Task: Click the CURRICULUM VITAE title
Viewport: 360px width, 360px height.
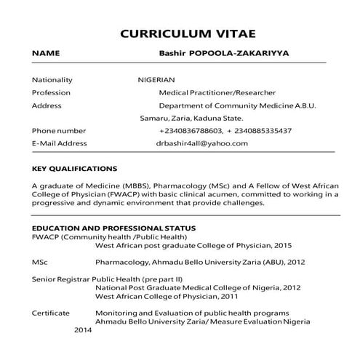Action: [188, 33]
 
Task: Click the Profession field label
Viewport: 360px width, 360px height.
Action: [51, 92]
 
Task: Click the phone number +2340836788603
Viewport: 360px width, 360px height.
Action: [190, 131]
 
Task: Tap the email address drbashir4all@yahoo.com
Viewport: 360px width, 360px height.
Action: [202, 143]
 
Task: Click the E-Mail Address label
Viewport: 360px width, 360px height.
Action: [60, 143]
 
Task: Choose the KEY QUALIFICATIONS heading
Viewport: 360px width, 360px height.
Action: [75, 169]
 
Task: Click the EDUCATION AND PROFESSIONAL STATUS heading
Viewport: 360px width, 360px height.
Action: [113, 228]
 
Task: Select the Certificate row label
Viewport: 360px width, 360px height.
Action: [51, 313]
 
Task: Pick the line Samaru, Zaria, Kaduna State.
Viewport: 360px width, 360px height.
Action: [191, 118]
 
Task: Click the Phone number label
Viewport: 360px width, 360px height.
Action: [59, 131]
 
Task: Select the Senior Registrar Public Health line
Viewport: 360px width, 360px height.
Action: [107, 279]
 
